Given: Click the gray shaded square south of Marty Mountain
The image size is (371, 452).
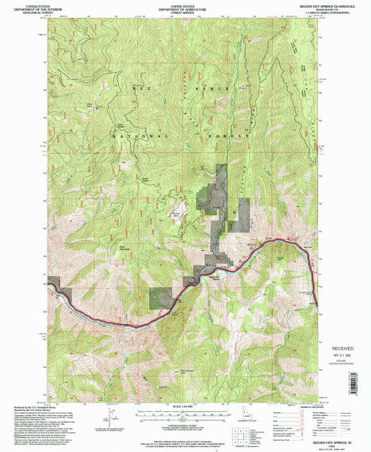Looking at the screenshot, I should coord(161,297).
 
